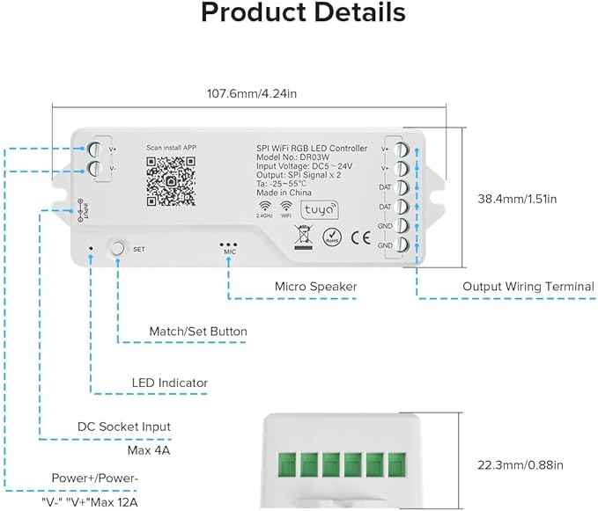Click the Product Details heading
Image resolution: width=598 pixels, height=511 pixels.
(x=303, y=13)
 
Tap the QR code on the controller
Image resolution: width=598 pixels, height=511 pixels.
(x=171, y=181)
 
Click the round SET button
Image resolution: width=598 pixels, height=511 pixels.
(x=118, y=247)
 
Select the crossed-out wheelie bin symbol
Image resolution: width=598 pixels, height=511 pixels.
(x=302, y=235)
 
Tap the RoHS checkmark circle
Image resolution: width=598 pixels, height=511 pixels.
(x=333, y=236)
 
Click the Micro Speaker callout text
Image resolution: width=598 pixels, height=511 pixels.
(x=315, y=287)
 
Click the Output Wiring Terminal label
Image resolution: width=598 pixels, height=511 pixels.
(x=528, y=287)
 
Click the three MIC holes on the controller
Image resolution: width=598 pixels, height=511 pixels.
(x=229, y=244)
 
